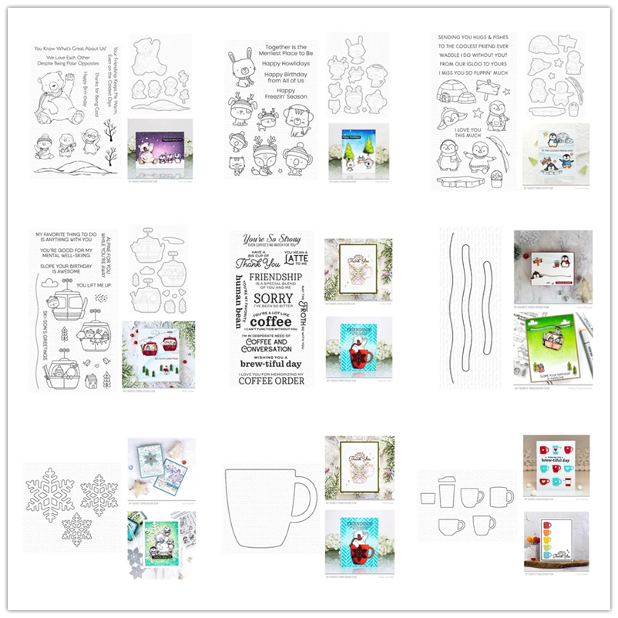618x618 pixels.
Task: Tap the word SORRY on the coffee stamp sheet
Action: click(273, 298)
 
